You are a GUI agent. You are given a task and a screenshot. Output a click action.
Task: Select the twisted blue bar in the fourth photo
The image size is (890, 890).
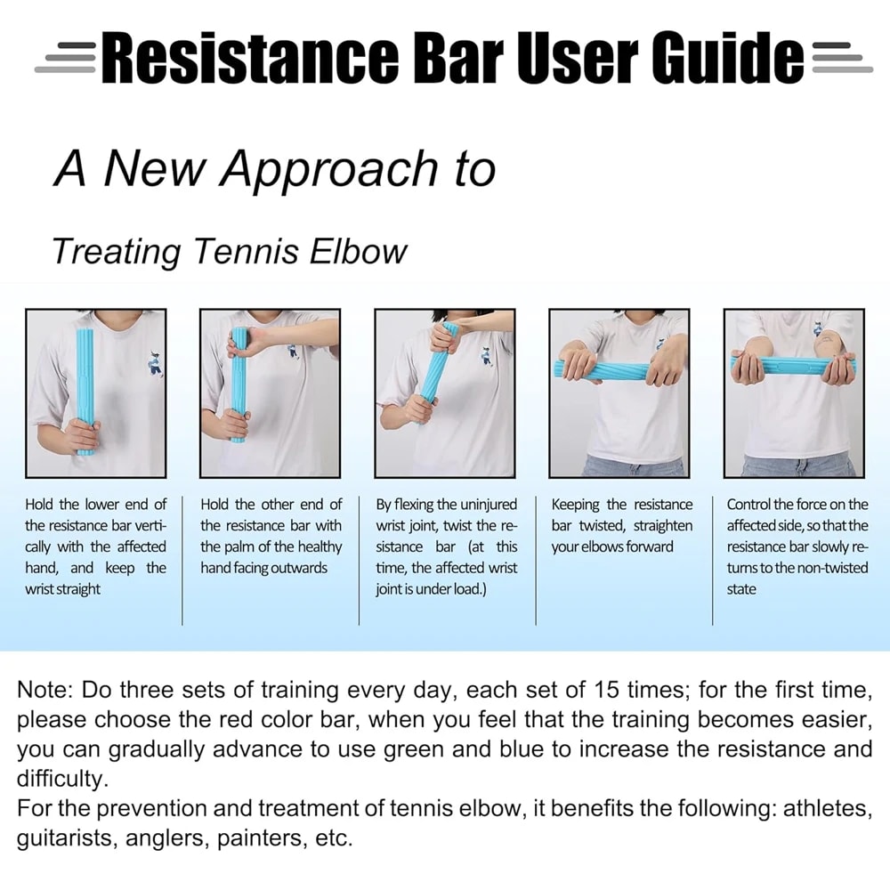[618, 370]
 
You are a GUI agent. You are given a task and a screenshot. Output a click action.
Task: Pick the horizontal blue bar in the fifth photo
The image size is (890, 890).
[791, 364]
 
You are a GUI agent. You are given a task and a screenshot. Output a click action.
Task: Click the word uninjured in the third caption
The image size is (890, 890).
[489, 505]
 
